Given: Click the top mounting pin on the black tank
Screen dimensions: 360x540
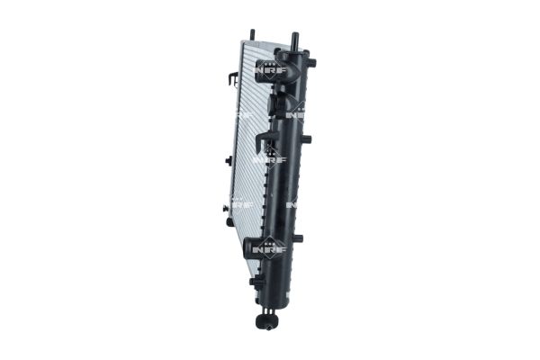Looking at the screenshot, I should pos(293,42).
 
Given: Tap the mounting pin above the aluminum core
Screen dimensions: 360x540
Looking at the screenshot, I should pos(252,35).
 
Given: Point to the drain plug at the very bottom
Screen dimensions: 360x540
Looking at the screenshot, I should pos(266,321).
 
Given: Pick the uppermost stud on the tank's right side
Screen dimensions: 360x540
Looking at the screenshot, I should pos(310,63).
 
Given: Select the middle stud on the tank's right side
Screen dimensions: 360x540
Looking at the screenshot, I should pos(306,139).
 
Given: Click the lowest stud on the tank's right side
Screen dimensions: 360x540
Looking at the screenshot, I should pos(298,238).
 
